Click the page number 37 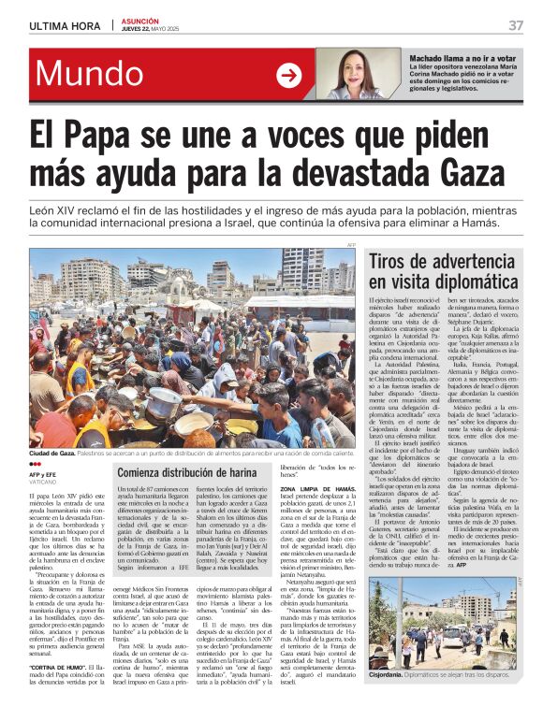(516, 25)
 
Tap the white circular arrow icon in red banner (289, 76)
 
